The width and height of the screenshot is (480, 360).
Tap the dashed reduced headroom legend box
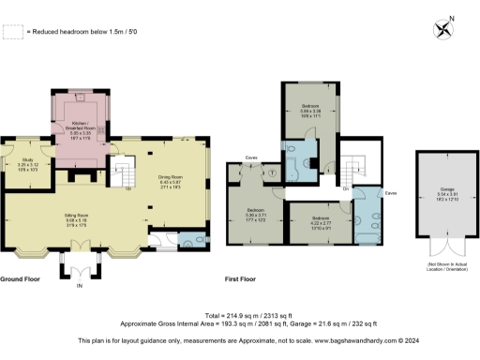[x=12, y=33]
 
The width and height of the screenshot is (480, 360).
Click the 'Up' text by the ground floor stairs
[x=127, y=187]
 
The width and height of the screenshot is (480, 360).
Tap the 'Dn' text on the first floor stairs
[x=346, y=188]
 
